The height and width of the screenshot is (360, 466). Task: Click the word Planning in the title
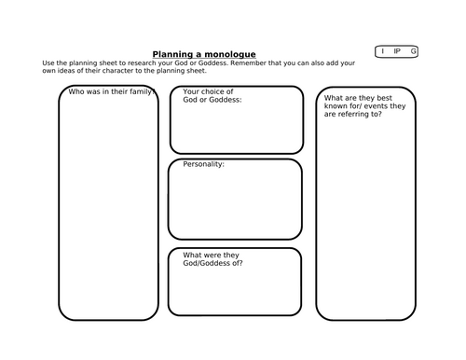172,54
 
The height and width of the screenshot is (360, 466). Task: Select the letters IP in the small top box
397,51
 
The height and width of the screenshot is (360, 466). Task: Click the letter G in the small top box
413,51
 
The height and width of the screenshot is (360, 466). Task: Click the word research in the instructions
142,63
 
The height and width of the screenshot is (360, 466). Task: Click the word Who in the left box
75,91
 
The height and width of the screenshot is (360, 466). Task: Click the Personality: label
203,164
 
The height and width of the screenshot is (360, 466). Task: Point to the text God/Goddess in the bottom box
207,263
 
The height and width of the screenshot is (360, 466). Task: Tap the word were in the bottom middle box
212,255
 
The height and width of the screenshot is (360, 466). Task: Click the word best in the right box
384,98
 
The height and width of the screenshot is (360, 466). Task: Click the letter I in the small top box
383,51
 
